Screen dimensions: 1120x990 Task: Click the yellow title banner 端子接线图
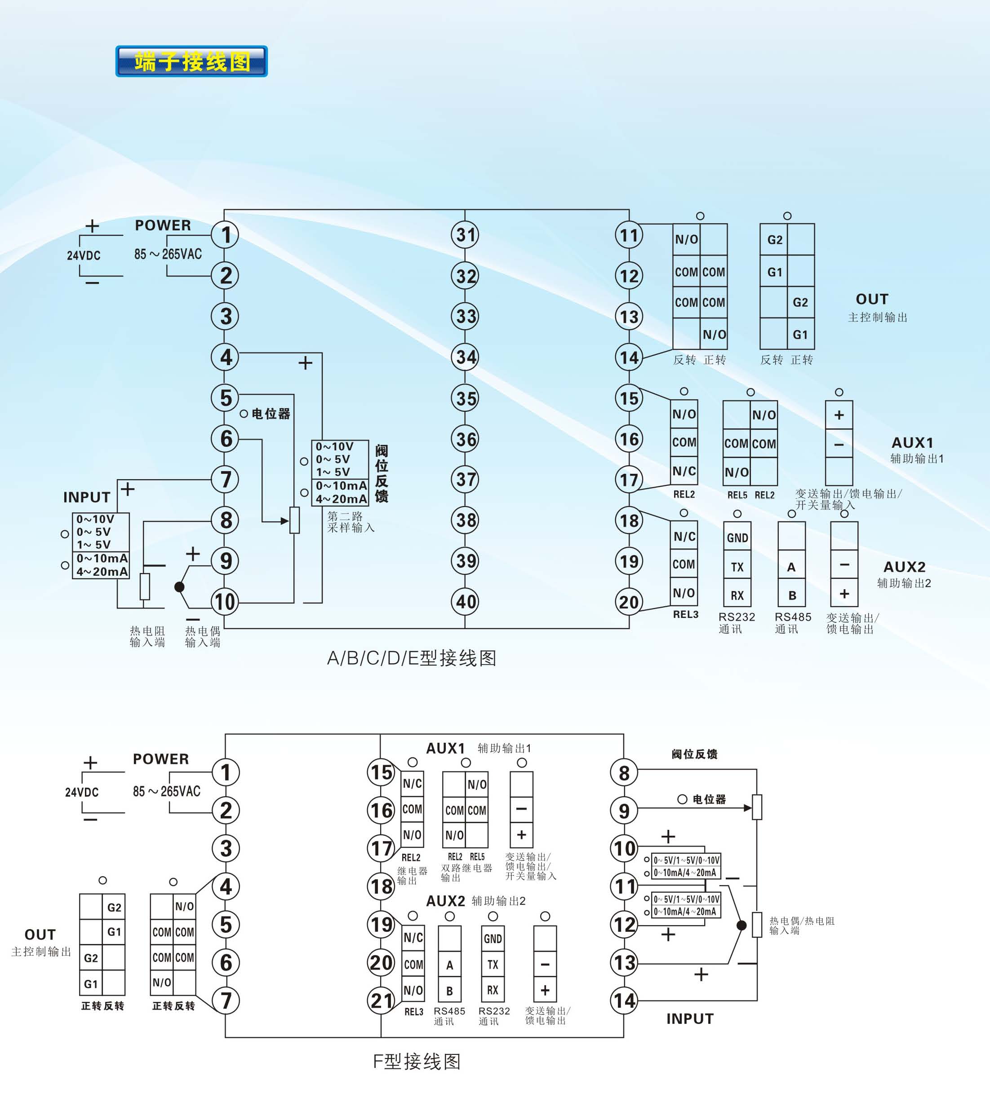pyautogui.click(x=191, y=62)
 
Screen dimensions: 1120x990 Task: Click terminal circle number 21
pyautogui.click(x=382, y=1001)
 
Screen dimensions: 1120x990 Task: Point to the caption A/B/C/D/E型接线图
pyautogui.click(x=411, y=658)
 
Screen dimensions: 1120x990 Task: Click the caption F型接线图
pyautogui.click(x=416, y=1061)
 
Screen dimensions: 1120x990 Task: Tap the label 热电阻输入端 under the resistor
pyautogui.click(x=147, y=637)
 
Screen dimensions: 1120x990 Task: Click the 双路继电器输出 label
pyautogui.click(x=466, y=872)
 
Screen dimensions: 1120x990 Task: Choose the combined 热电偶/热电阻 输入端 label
pyautogui.click(x=801, y=926)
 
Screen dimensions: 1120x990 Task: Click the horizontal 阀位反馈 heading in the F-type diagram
pyautogui.click(x=695, y=754)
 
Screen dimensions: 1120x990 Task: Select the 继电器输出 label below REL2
pyautogui.click(x=412, y=876)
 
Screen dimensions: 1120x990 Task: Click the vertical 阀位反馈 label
pyautogui.click(x=382, y=473)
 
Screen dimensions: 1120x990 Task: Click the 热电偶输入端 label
pyautogui.click(x=202, y=637)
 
